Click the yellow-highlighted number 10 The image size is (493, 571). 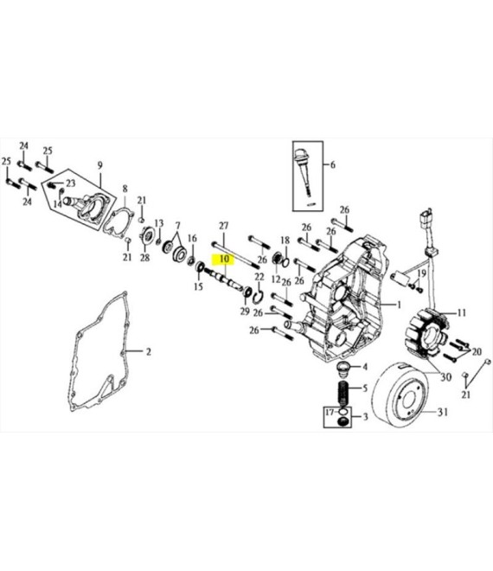coord(225,259)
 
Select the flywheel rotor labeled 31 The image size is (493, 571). coord(400,395)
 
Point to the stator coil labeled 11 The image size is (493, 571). coord(426,332)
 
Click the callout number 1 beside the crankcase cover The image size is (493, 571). coord(399,305)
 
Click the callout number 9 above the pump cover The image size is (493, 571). coord(100,165)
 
